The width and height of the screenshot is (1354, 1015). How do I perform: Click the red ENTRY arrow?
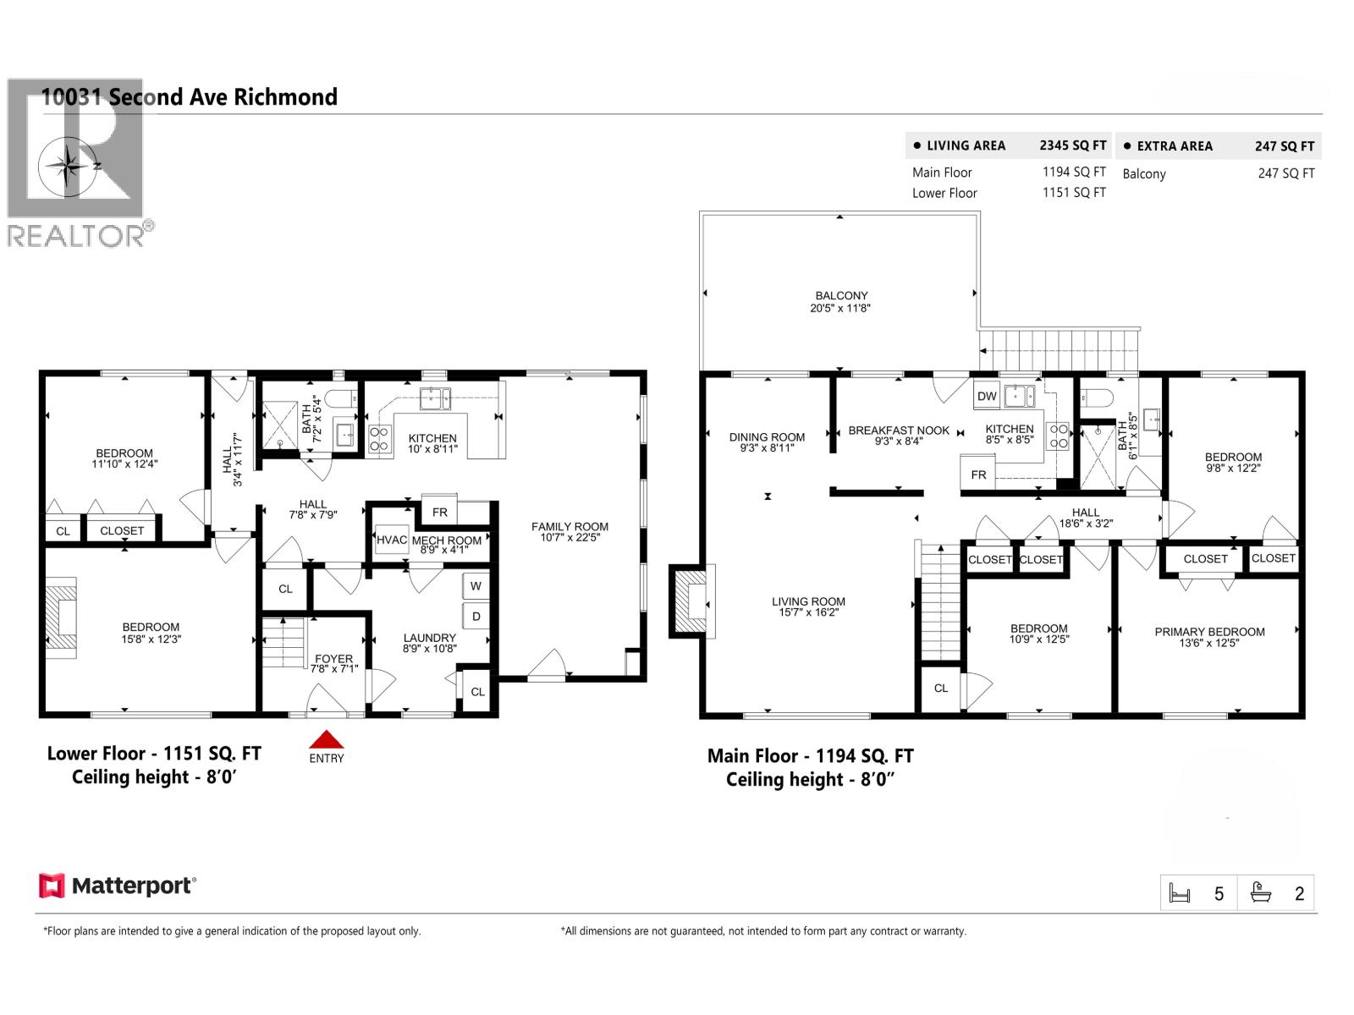tap(326, 740)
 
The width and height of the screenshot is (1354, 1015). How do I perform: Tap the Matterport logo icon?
tap(52, 886)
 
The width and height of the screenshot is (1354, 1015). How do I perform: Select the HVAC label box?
tap(392, 540)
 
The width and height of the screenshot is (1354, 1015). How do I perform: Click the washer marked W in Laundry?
tap(476, 586)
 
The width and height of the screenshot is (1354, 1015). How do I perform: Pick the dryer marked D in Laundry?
tap(476, 616)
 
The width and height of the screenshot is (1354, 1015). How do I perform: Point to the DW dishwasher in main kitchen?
tap(987, 396)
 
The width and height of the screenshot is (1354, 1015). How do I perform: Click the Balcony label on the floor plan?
tap(841, 296)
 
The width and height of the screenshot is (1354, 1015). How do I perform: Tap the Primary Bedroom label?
tap(1209, 632)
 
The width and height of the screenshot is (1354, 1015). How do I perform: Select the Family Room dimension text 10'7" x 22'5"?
tap(570, 537)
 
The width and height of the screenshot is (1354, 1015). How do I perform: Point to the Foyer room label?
tap(333, 658)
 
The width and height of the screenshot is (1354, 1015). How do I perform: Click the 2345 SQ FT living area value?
tap(1072, 145)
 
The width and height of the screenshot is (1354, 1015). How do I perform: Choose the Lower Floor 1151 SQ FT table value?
tap(1074, 193)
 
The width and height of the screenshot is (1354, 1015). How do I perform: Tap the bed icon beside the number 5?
tap(1180, 893)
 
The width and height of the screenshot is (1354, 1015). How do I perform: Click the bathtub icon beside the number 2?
tap(1261, 893)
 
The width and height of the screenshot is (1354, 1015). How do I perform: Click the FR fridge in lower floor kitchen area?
tap(439, 512)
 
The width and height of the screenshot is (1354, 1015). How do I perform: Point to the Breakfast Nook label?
tap(899, 431)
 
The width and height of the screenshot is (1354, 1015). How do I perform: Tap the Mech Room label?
tap(446, 540)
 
